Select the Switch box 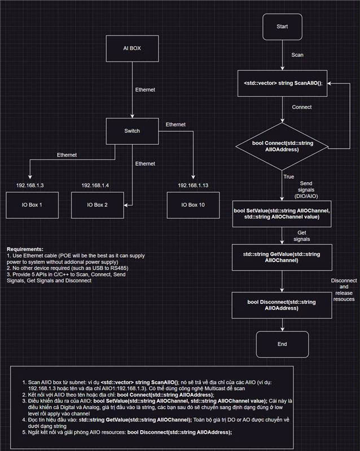point(131,131)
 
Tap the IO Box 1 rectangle point(32,205)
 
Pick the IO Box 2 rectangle point(97,205)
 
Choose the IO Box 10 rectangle point(193,205)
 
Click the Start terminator point(282,26)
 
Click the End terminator point(282,344)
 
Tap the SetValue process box point(282,213)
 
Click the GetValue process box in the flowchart point(282,257)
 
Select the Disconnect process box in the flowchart point(282,305)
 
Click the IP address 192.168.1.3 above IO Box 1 point(30,185)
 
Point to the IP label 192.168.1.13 point(193,185)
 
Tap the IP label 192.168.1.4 point(96,185)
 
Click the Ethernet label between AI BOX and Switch point(145,90)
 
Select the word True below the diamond point(289,177)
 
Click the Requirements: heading point(26,249)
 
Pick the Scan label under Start point(297,55)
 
